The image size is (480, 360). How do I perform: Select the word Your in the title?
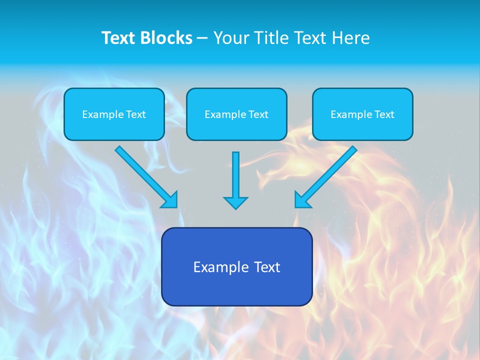(230, 38)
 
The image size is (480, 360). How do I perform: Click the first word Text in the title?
(119, 38)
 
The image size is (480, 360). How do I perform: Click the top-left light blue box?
(114, 114)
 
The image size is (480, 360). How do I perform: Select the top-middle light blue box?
(236, 114)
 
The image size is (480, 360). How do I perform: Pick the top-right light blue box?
(362, 114)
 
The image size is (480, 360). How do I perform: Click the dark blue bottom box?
(236, 266)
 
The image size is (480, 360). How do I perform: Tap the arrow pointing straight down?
(235, 177)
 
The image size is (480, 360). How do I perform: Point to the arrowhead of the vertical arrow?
(235, 202)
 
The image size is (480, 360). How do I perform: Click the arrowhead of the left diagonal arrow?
(171, 200)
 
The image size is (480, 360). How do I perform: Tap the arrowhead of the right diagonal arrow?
(301, 200)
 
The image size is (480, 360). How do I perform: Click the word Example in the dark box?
(216, 267)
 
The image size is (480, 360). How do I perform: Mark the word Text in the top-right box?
(384, 114)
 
